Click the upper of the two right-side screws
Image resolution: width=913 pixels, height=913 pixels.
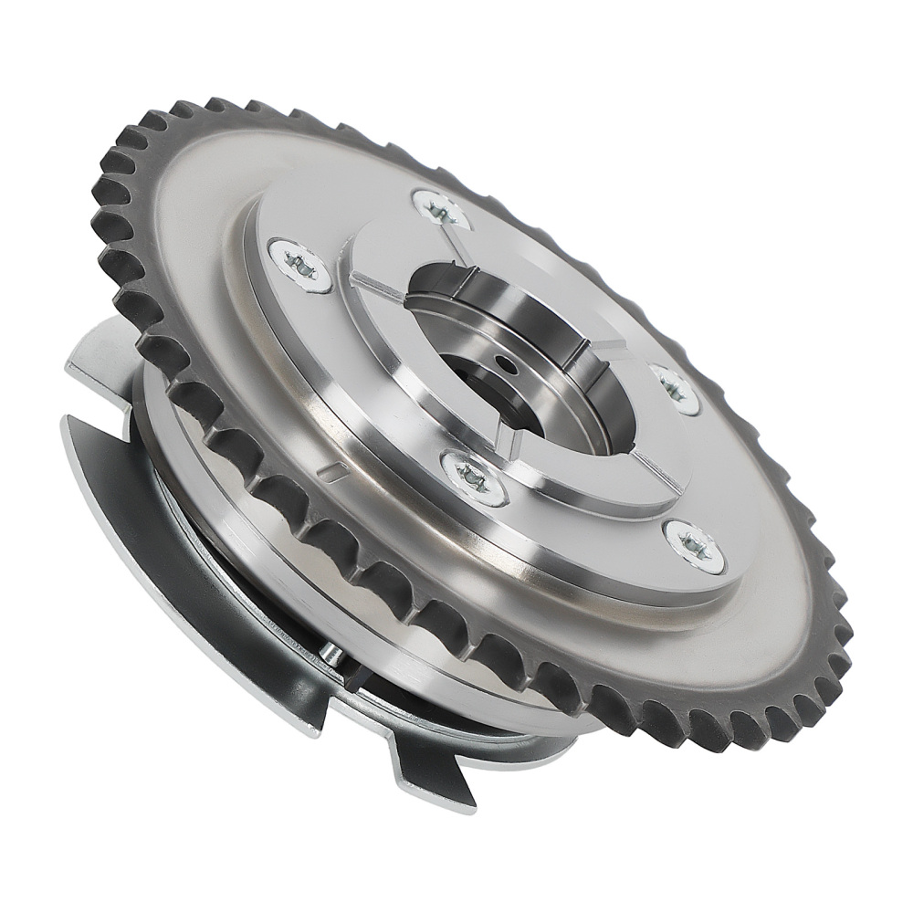[x=676, y=389]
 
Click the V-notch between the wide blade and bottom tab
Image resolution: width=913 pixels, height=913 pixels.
[x=365, y=721]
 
